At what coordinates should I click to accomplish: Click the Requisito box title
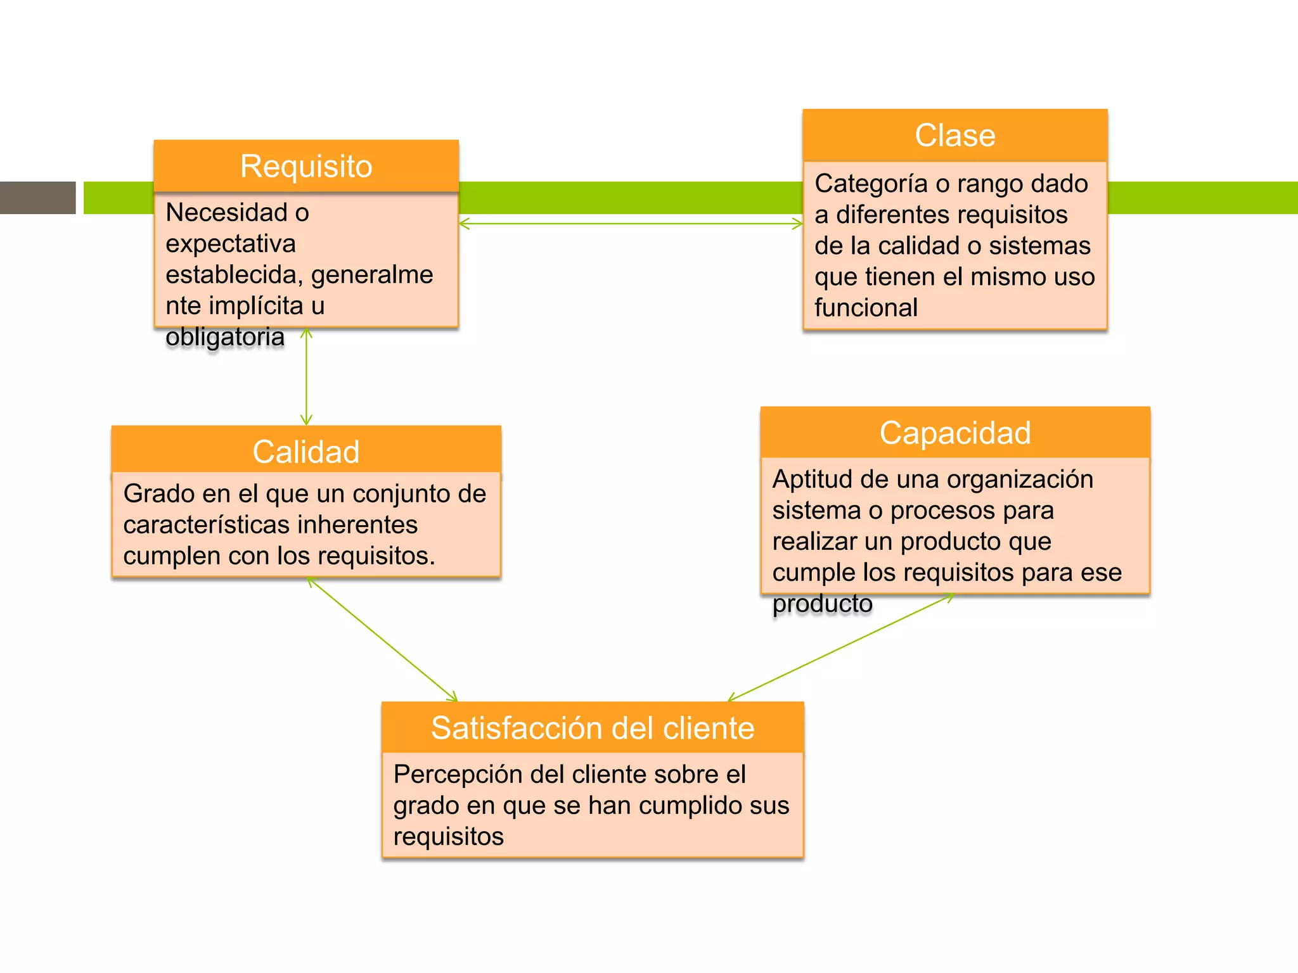[306, 166]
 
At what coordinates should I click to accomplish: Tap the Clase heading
[954, 135]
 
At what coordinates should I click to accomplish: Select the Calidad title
[306, 451]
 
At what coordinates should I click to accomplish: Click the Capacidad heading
[954, 433]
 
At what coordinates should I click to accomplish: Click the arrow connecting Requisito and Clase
[631, 224]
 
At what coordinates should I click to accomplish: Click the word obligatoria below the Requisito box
[225, 336]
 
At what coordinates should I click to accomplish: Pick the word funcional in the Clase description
[866, 307]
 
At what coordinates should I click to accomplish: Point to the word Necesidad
[226, 212]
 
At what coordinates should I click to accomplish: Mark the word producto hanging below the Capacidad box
[822, 603]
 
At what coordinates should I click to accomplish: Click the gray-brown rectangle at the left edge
[37, 198]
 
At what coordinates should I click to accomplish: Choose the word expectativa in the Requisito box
[231, 243]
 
